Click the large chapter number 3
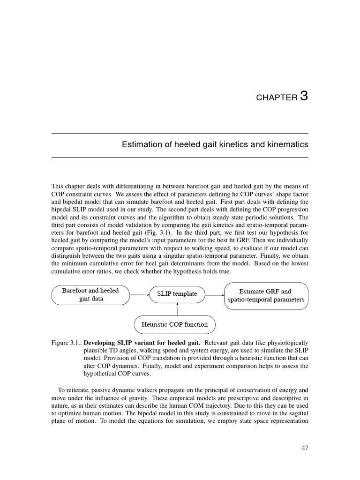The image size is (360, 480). [x=304, y=96]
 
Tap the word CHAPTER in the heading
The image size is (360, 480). [x=277, y=98]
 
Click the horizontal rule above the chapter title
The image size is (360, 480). [x=180, y=134]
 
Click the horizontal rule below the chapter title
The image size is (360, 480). [x=180, y=157]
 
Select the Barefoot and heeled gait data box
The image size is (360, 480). [x=90, y=294]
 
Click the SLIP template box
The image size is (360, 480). [x=177, y=294]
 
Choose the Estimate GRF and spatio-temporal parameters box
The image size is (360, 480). [x=266, y=295]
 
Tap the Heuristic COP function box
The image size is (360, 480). [x=175, y=324]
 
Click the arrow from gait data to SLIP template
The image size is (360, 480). [x=138, y=295]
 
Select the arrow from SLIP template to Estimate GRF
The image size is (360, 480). [x=215, y=295]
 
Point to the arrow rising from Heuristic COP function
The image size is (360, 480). [x=177, y=309]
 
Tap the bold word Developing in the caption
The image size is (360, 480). [x=102, y=343]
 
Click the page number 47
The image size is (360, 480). [x=305, y=448]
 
